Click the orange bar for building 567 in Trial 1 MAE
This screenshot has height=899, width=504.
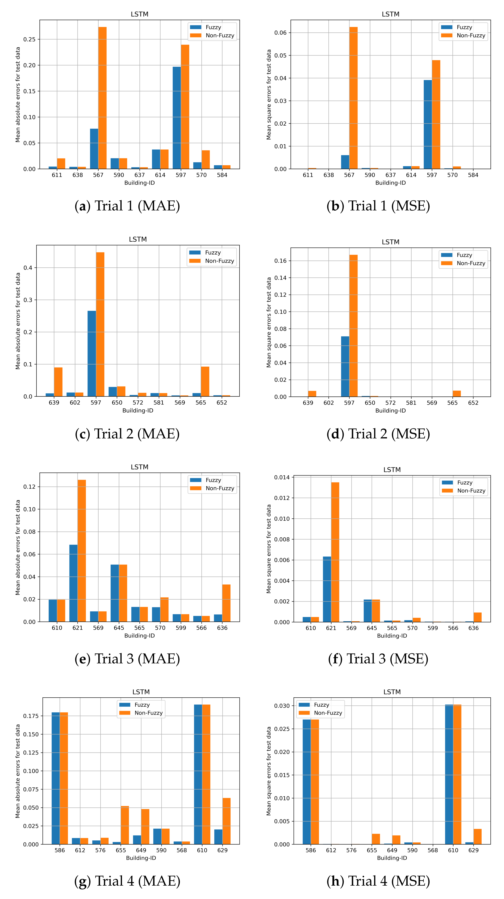(102, 98)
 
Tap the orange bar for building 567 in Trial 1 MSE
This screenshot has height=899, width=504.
(353, 98)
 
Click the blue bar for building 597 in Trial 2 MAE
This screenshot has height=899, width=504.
(92, 353)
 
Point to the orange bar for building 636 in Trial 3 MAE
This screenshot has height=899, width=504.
(226, 603)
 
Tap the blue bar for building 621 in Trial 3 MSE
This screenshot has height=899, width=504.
(327, 589)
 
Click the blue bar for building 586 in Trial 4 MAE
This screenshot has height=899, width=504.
(56, 778)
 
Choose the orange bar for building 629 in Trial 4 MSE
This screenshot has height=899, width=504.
(477, 836)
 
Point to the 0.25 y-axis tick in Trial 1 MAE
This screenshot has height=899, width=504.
(29, 39)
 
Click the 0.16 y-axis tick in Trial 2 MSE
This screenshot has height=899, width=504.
(280, 261)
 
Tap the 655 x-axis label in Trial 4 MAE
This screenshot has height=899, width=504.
(121, 850)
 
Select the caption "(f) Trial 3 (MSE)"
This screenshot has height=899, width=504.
(378, 659)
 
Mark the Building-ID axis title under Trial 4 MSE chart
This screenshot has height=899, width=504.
(392, 858)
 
